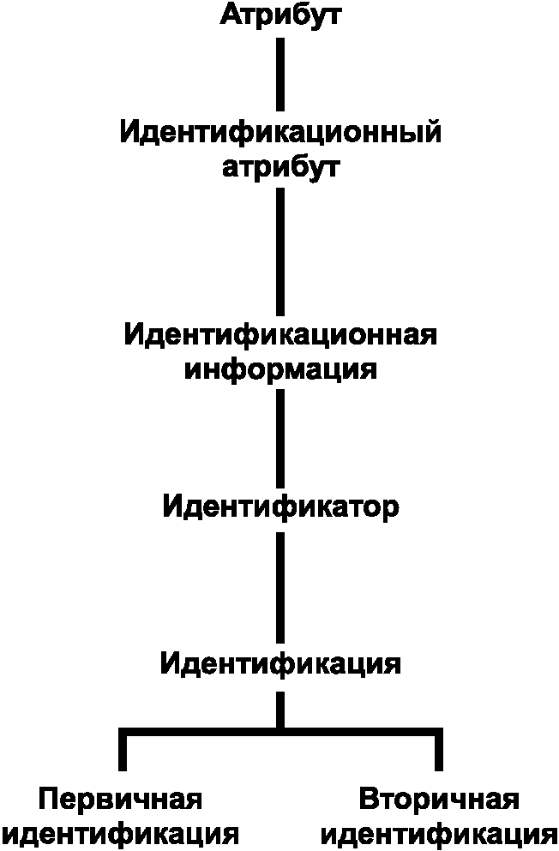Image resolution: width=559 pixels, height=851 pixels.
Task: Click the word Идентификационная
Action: pyautogui.click(x=280, y=334)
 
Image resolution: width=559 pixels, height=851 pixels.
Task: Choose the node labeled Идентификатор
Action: pyautogui.click(x=280, y=507)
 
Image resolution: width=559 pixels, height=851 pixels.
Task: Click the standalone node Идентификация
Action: pyautogui.click(x=280, y=663)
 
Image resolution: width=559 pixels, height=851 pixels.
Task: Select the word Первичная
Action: pyautogui.click(x=121, y=800)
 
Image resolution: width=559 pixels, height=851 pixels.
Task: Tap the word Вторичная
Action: pyautogui.click(x=439, y=800)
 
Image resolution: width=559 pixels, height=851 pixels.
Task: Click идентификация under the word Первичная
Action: pyautogui.click(x=121, y=833)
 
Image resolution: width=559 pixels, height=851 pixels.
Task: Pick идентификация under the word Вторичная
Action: pyautogui.click(x=439, y=833)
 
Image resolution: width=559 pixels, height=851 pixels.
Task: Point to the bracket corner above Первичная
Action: pyautogui.click(x=122, y=733)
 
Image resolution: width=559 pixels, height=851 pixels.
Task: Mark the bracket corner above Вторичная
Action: pyautogui.click(x=439, y=733)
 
